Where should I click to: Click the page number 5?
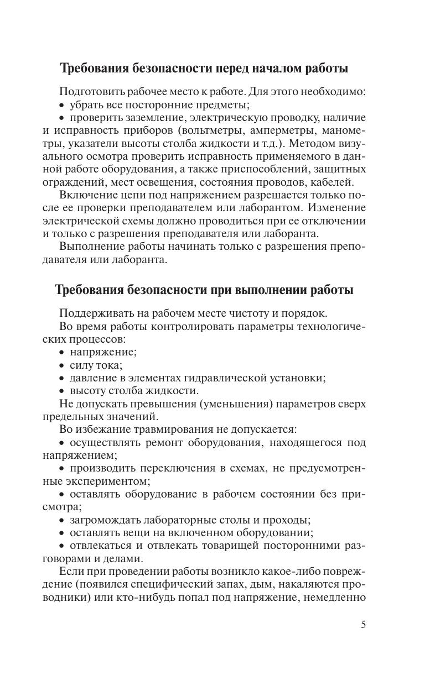(x=363, y=625)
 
